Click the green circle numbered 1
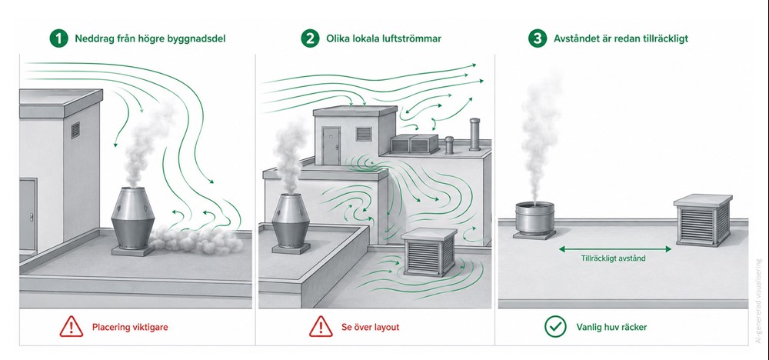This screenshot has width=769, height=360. click(59, 38)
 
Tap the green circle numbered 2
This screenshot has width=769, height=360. click(310, 38)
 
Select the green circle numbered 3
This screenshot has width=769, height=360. click(538, 38)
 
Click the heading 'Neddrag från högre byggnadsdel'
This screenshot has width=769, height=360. click(150, 38)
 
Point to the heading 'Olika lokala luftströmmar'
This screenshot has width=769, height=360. click(384, 38)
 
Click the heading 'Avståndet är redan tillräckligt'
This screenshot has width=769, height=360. click(621, 38)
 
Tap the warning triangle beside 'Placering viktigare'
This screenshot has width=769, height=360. click(72, 326)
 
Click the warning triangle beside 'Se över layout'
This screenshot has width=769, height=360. click(321, 326)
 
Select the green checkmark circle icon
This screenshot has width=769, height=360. click(555, 326)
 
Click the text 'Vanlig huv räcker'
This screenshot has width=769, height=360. click(611, 327)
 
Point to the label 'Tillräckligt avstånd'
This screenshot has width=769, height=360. click(613, 258)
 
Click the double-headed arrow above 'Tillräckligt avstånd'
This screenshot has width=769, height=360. click(615, 249)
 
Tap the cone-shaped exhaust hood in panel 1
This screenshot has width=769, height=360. click(133, 218)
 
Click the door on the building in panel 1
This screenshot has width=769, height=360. click(28, 215)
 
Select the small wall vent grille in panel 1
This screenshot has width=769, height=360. click(75, 131)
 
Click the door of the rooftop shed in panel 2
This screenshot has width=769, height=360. click(331, 145)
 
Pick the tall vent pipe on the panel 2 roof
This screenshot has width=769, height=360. click(474, 134)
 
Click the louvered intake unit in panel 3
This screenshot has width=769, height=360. click(703, 220)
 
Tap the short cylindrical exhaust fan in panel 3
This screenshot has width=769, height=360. click(534, 220)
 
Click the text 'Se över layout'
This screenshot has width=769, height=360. click(371, 327)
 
